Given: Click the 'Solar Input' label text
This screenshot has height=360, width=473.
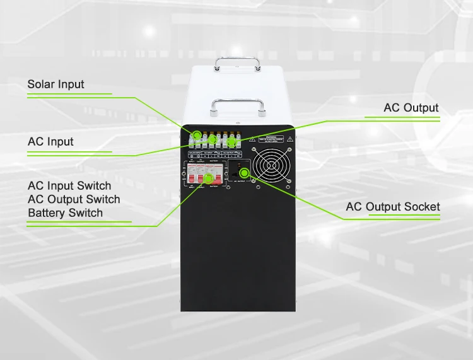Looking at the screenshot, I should tap(55, 84).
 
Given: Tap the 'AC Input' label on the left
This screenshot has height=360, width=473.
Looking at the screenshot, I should tap(50, 142).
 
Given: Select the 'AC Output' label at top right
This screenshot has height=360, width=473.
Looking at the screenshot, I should tap(411, 108).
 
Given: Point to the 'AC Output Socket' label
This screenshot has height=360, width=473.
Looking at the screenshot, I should tap(392, 207).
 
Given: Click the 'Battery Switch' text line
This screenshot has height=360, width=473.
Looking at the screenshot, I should tap(65, 213).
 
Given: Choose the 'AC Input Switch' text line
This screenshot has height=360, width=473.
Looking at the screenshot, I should tap(69, 186).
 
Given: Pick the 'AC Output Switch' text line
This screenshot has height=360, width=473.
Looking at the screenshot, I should tap(74, 199).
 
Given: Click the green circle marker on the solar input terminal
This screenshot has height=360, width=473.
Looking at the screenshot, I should tap(196, 135).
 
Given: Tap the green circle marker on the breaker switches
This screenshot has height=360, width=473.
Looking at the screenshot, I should tap(208, 179).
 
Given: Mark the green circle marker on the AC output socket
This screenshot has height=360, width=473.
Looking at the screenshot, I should tap(244, 173).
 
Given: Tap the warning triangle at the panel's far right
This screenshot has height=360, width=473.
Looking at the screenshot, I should tap(289, 138).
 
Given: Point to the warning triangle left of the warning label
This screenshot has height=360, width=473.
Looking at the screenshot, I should tap(252, 138).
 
